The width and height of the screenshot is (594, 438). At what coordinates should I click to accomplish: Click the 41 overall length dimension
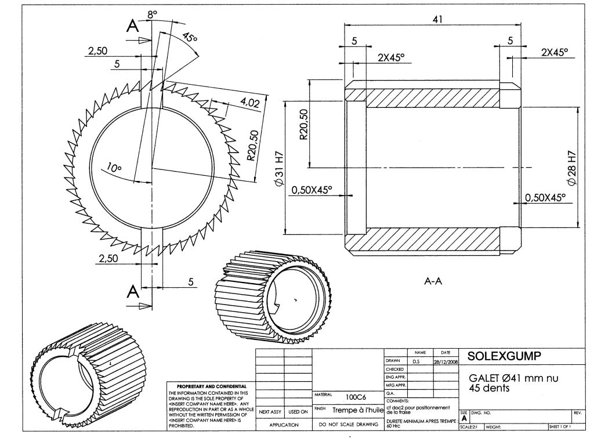click(x=437, y=19)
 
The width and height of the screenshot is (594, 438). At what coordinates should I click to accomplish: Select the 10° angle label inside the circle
click(x=114, y=169)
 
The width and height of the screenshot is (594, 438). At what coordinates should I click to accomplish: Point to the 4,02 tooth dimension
click(x=249, y=103)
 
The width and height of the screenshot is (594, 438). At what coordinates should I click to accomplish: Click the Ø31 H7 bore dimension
click(x=279, y=168)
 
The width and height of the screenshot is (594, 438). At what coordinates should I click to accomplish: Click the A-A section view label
click(x=433, y=281)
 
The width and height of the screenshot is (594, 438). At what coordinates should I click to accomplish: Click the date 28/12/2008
click(x=445, y=361)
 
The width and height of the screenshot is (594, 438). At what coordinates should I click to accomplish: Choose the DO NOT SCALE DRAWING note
click(x=348, y=425)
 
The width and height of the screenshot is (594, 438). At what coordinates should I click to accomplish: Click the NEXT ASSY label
click(x=270, y=412)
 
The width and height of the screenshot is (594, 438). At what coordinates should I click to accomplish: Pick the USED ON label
click(x=298, y=412)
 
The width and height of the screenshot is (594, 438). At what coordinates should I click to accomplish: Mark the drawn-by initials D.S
click(x=416, y=361)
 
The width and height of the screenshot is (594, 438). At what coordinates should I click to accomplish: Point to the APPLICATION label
click(x=284, y=425)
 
